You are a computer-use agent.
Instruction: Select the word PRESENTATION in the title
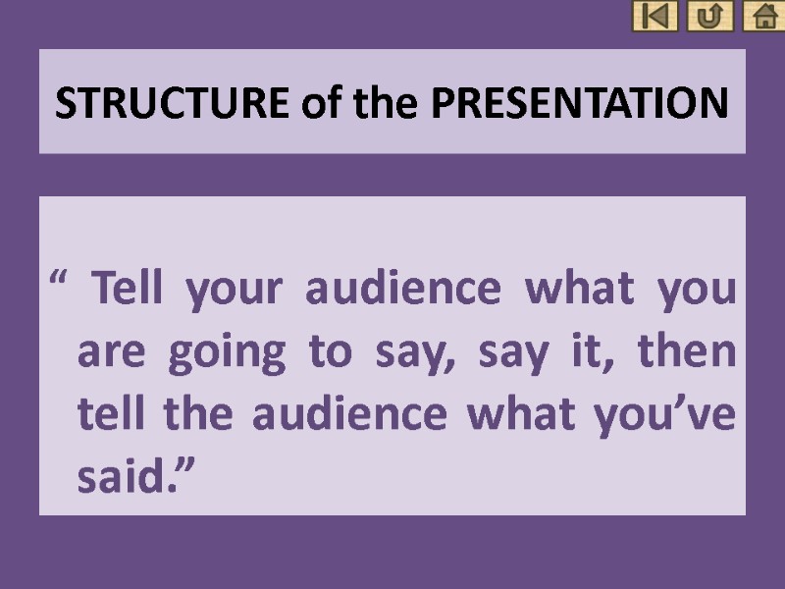click(579, 102)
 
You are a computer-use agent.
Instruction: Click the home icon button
click(762, 16)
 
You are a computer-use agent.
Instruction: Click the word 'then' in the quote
click(693, 352)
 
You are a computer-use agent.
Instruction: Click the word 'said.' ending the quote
click(131, 478)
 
